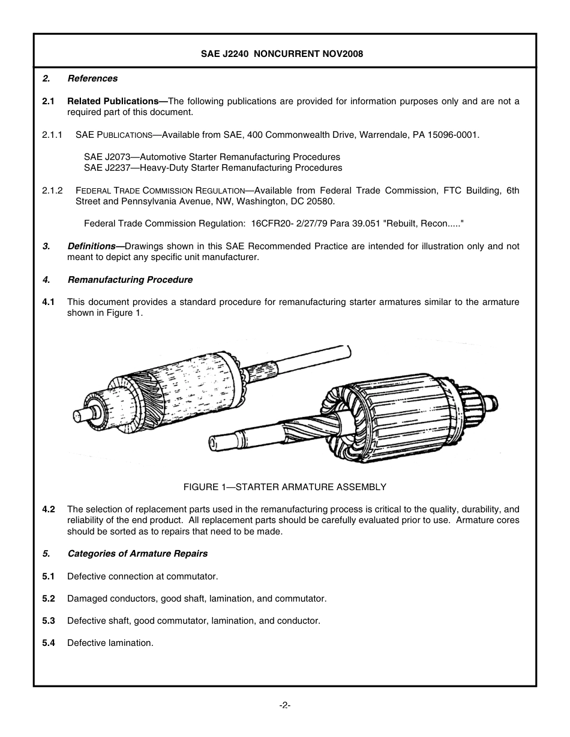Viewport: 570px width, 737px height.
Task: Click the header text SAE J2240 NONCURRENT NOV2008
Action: click(x=281, y=54)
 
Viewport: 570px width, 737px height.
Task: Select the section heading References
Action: click(x=92, y=78)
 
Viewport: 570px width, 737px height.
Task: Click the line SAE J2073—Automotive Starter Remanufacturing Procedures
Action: click(x=212, y=157)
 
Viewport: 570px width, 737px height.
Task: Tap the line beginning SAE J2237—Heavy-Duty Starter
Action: click(x=213, y=168)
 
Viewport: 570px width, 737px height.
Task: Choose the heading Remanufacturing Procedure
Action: click(x=130, y=280)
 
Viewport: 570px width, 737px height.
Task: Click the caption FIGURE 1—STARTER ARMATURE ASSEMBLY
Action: click(x=284, y=487)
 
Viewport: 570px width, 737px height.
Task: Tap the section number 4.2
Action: click(x=49, y=509)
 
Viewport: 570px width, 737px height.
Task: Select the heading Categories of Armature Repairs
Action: click(x=137, y=554)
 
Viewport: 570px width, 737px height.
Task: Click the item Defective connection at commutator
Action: click(x=142, y=576)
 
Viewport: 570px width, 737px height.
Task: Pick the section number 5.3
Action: click(x=49, y=621)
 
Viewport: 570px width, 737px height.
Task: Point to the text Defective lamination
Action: click(x=110, y=643)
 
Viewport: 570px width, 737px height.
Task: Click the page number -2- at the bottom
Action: click(x=284, y=705)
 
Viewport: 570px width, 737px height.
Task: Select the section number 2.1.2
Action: click(x=52, y=191)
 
